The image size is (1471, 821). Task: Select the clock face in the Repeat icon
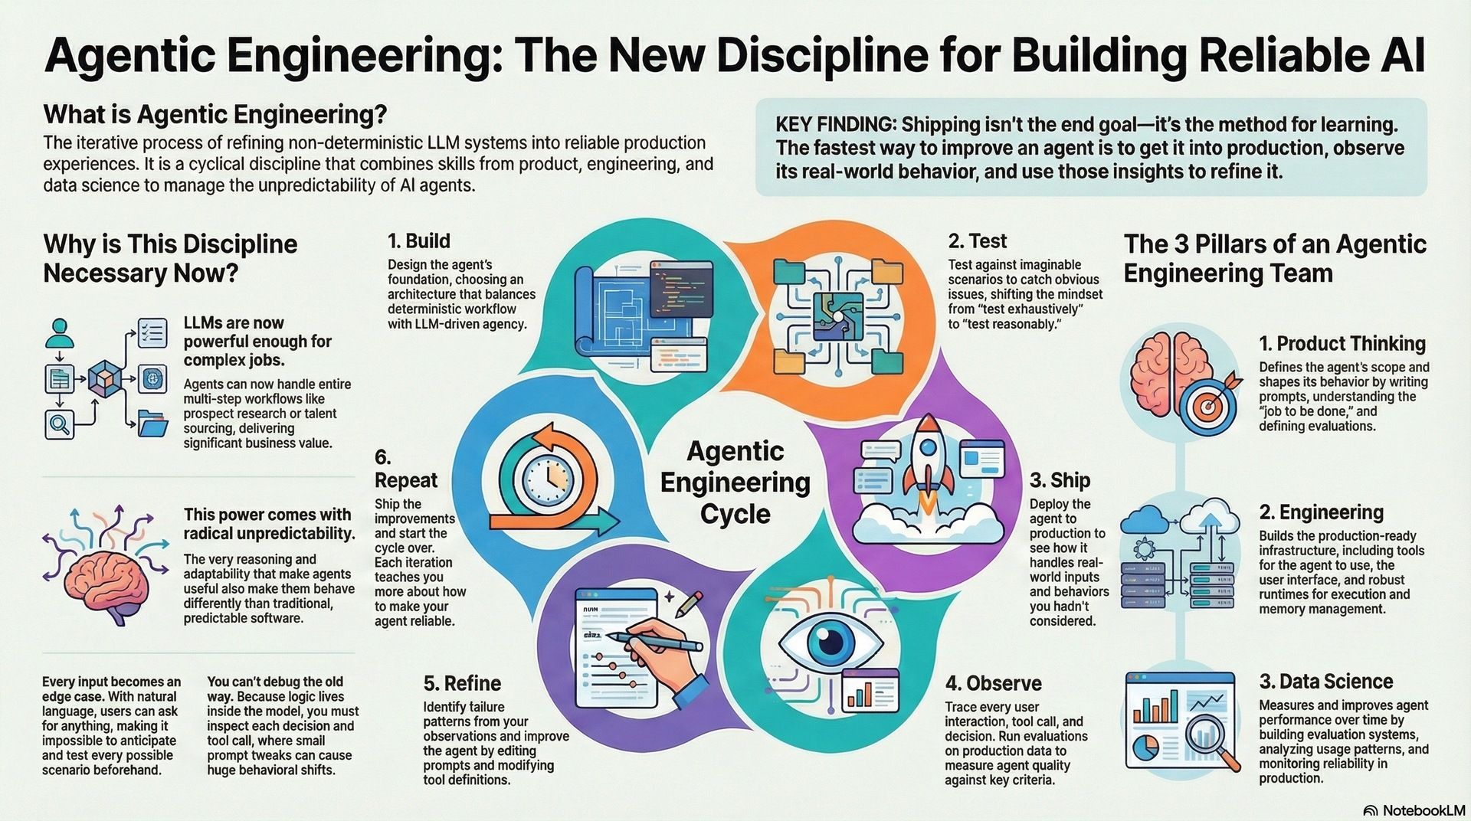pos(548,479)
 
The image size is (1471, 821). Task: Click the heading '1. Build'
pos(418,241)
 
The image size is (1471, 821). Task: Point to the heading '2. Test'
pos(977,241)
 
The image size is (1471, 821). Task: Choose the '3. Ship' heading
pos(1060,480)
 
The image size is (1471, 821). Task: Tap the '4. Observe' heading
pos(993,683)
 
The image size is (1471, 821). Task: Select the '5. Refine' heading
pos(462,683)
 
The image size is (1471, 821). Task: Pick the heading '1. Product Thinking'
pos(1342,343)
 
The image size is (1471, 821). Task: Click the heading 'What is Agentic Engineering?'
pos(215,115)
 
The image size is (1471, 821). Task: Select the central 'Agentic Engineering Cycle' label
pos(735,482)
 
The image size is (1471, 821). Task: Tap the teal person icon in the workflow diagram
pos(57,332)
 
